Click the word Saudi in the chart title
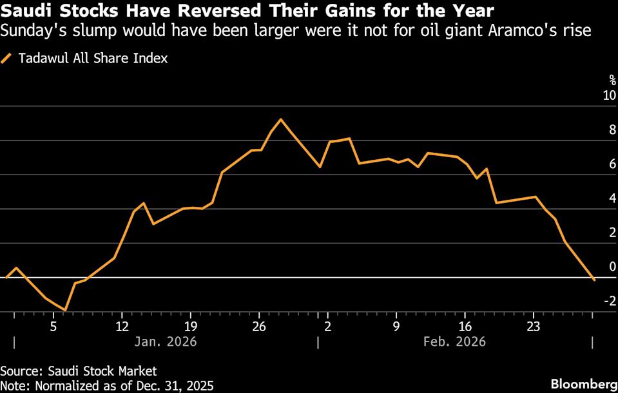point(25,11)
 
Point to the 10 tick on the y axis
point(609,95)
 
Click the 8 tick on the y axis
point(612,129)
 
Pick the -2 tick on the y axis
point(609,301)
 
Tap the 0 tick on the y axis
point(612,267)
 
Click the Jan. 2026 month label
point(166,341)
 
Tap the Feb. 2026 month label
point(455,341)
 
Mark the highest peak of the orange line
point(280,119)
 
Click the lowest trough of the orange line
point(65,311)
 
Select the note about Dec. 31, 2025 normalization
point(106,385)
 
